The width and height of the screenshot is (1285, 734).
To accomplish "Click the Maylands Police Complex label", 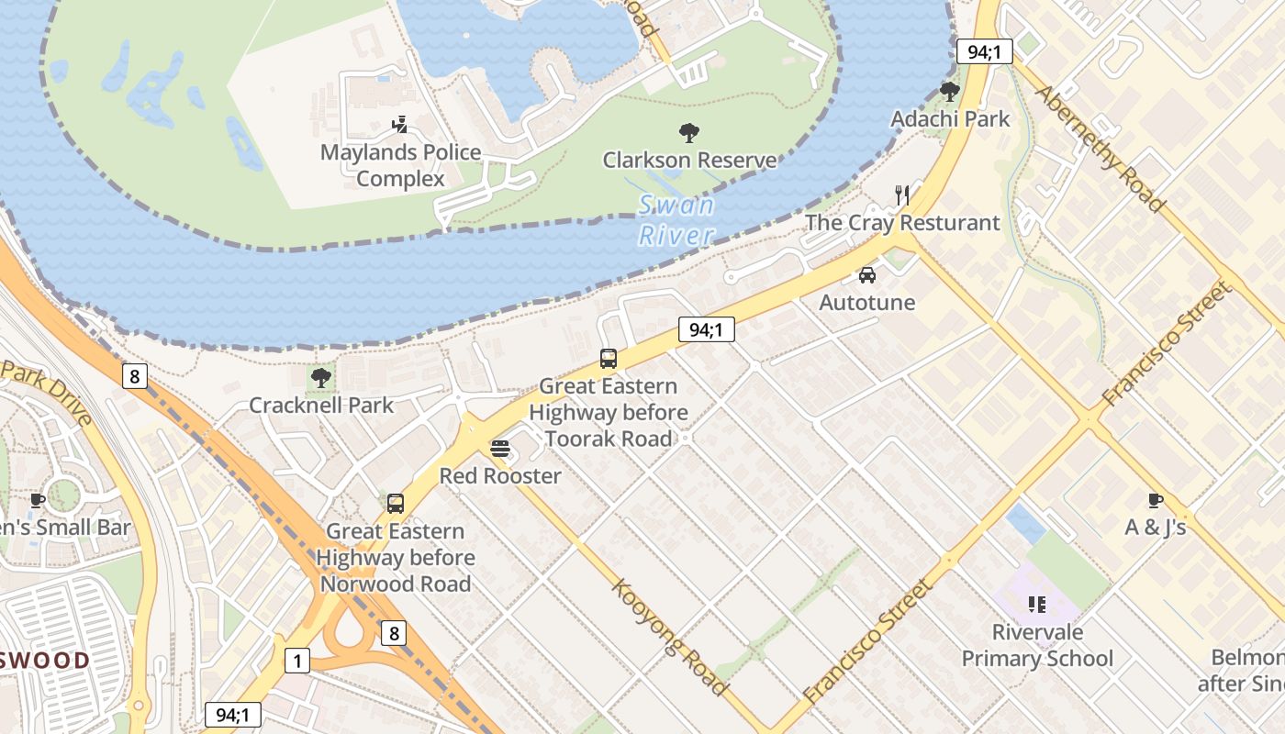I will click(x=400, y=165).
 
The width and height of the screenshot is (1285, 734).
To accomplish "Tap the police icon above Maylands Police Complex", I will click(x=399, y=125).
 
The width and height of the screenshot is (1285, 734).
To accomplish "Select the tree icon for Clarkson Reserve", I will click(x=688, y=133).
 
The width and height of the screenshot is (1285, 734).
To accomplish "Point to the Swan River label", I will click(x=676, y=220).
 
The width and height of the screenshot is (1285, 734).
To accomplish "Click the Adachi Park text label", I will click(x=950, y=118).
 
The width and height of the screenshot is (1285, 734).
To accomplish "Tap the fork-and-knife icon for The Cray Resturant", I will click(x=902, y=195).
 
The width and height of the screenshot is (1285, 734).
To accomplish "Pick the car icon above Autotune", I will click(x=866, y=274).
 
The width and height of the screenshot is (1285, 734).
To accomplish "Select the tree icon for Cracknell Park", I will click(x=321, y=377).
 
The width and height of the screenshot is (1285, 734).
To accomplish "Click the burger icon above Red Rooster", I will click(x=500, y=449).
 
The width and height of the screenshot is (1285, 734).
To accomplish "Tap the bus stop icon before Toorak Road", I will click(x=608, y=359).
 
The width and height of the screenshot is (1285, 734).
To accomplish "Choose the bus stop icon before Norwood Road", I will click(x=395, y=503).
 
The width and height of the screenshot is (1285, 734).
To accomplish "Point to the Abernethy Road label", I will click(x=1100, y=149).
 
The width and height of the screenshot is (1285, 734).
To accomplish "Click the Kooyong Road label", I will click(x=669, y=637).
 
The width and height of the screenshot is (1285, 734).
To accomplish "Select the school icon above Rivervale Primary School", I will click(x=1037, y=604).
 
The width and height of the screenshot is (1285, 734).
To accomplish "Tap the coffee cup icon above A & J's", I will click(x=1155, y=500).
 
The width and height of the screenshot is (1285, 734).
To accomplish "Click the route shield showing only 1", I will click(x=296, y=660).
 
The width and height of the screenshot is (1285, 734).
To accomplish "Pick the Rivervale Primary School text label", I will click(x=1037, y=645).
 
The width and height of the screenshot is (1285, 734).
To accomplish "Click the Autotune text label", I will click(x=866, y=302).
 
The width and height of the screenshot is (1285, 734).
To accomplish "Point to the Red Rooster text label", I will click(x=500, y=475).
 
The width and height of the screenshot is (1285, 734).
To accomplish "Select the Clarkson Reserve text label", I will click(x=689, y=160).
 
